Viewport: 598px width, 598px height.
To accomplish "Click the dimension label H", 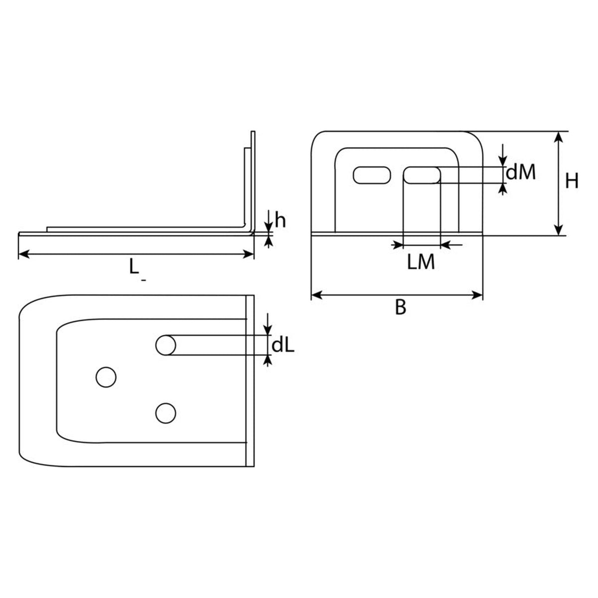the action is coord(572,181).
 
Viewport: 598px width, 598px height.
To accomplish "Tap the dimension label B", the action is coord(401,307).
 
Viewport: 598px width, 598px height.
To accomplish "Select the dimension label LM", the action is coord(421,262).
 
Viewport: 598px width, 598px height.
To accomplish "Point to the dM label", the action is coord(521,172).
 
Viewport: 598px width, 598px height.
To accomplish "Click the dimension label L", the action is coord(134,266).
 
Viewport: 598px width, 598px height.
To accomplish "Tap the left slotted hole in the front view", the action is coord(372,175).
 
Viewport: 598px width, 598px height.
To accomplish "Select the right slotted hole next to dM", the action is coord(422,175).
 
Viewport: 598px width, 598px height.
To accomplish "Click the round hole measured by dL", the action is coord(166,345).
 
